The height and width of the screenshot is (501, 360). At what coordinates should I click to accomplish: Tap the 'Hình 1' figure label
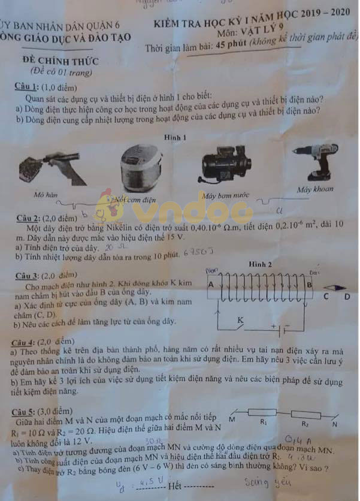176,137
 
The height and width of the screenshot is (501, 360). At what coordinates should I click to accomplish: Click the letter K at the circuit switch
240,321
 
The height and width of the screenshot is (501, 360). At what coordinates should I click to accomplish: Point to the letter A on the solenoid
211,285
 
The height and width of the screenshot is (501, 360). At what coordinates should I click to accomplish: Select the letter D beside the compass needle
347,296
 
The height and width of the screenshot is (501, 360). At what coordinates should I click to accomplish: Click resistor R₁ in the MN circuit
262,414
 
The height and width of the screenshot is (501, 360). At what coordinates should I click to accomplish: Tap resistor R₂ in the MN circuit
305,415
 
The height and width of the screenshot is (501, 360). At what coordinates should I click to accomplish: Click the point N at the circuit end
335,424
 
